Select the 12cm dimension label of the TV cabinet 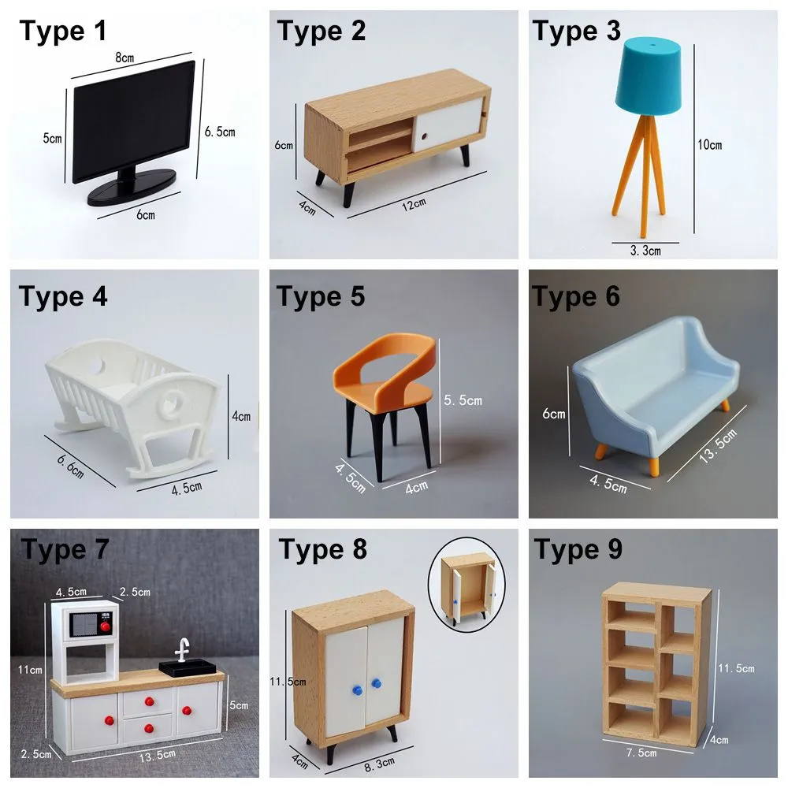click(414, 205)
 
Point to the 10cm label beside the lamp click(709, 144)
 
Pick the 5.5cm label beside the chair click(463, 400)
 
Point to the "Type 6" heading click(576, 296)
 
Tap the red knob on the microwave click(102, 626)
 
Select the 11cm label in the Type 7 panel click(32, 669)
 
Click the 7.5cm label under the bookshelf click(641, 753)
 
